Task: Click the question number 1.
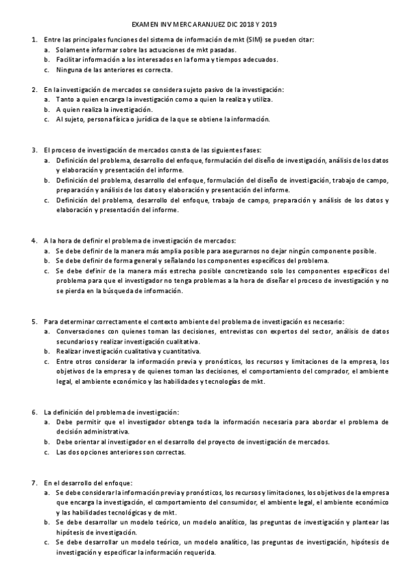[x=34, y=40]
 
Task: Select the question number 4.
[x=34, y=241]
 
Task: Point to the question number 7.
[x=34, y=483]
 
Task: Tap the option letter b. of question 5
[x=46, y=350]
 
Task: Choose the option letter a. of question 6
[x=46, y=422]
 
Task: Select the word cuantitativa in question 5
[x=179, y=350]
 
